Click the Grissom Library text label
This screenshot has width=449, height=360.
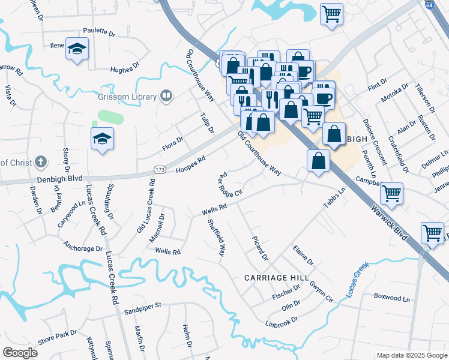(x=127, y=96)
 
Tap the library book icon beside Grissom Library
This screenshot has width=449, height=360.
(x=166, y=96)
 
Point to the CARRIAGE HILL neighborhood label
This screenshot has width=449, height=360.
(x=276, y=278)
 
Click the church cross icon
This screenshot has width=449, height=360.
(x=40, y=161)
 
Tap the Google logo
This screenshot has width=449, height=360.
(x=20, y=353)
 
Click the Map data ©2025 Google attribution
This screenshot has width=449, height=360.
(x=411, y=355)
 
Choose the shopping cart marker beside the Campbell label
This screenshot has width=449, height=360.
(x=391, y=193)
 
